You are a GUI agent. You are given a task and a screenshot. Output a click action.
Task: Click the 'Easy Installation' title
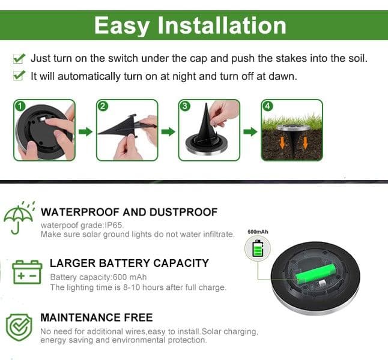coord(190,25)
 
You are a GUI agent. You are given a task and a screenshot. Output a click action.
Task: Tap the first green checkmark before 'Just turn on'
coord(19,59)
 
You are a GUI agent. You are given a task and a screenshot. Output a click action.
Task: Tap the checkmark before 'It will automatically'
coord(19,76)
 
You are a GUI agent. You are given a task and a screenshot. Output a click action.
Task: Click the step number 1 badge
coord(19,106)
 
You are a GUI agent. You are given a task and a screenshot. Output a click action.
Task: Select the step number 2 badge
coord(103,106)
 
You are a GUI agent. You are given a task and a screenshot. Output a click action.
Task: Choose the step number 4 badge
coord(267,106)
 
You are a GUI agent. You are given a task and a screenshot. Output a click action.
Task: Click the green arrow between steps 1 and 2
coord(86,131)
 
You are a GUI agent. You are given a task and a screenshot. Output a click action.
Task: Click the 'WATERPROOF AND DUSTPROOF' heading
coord(129,212)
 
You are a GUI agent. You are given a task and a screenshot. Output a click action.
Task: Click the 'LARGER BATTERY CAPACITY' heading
coord(129,263)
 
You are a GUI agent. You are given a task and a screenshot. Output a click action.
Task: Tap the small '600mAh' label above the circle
coord(258,232)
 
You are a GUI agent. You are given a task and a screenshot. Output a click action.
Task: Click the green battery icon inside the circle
coord(258,248)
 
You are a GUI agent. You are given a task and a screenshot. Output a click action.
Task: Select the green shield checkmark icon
coord(19,328)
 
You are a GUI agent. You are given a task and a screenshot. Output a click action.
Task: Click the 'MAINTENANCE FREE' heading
coord(96,317)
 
